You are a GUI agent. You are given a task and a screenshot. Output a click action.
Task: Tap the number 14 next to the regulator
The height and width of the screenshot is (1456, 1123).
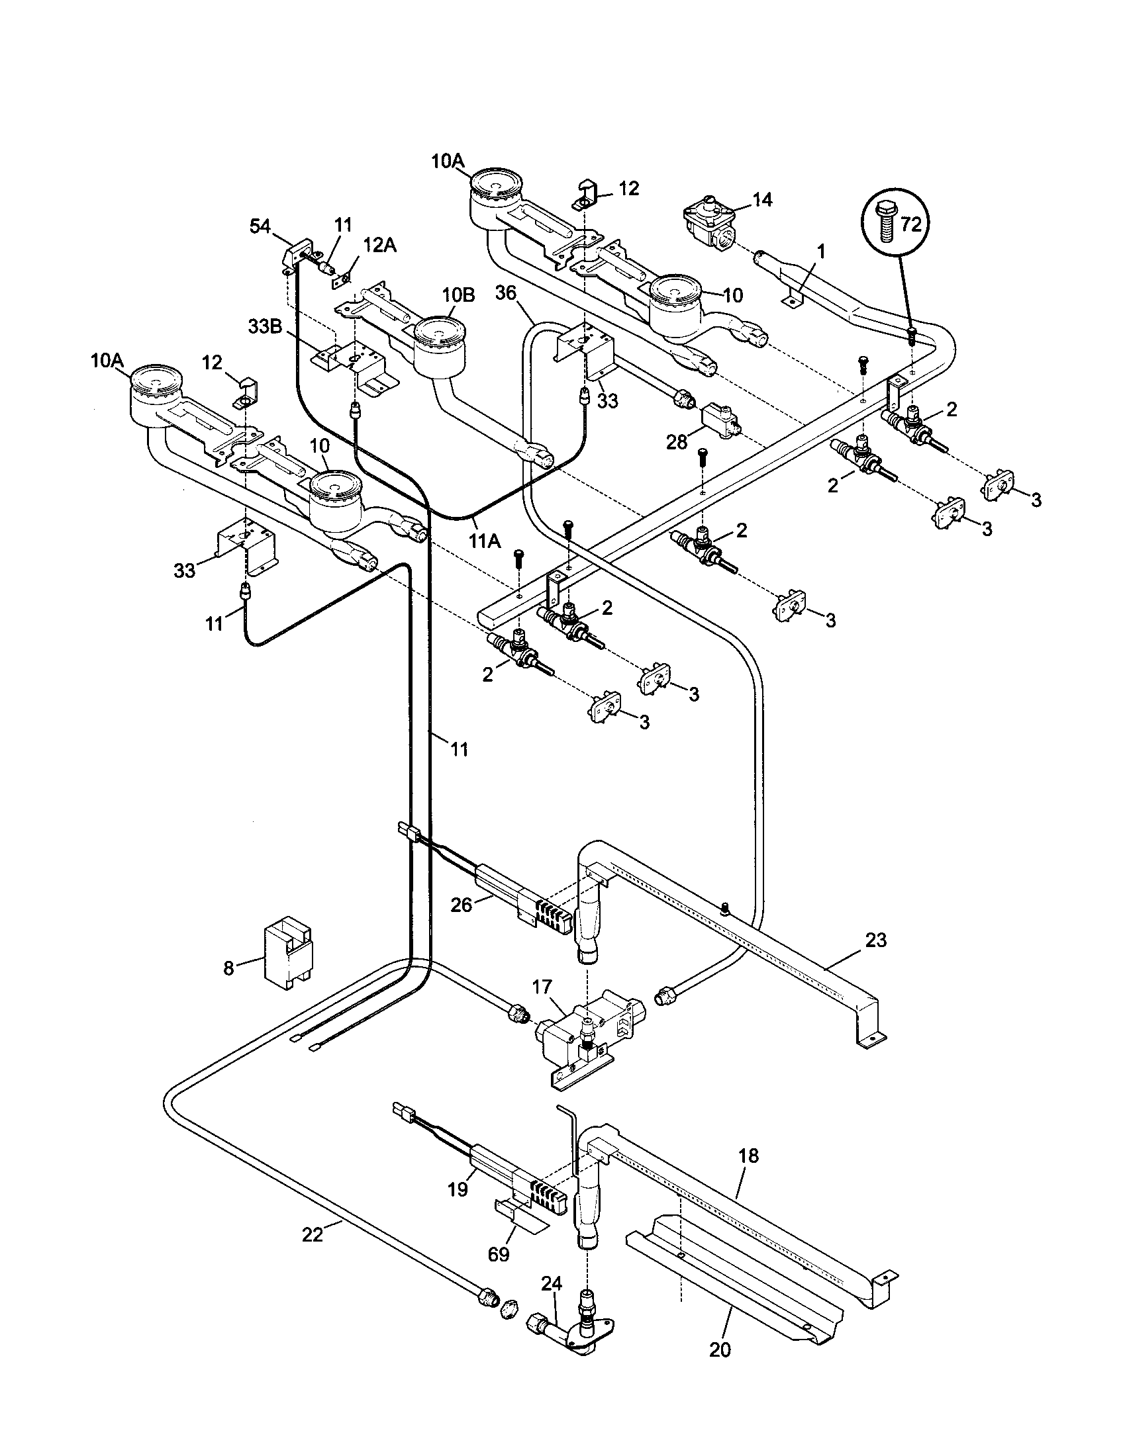[x=762, y=199]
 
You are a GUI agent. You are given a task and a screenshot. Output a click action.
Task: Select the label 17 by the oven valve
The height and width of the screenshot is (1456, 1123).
[x=542, y=985]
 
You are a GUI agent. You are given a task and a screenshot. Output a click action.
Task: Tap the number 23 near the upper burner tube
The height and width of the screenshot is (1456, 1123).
[x=876, y=940]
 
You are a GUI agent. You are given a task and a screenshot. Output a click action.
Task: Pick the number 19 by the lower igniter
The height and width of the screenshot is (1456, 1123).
[x=458, y=1190]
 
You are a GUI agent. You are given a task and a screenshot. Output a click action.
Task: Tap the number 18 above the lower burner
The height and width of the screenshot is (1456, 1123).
[x=749, y=1156]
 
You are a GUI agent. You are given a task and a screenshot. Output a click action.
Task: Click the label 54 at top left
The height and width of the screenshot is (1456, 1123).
[x=261, y=226]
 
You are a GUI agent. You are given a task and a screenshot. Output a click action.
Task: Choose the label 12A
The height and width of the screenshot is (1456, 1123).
[x=380, y=246]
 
